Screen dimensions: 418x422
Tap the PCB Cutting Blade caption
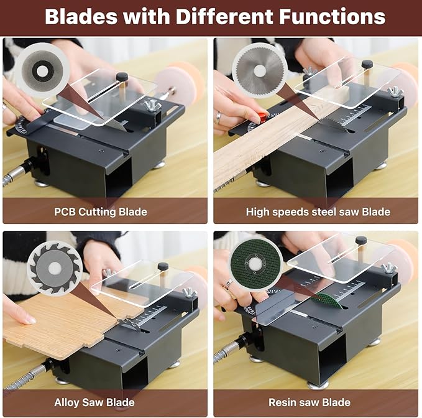tap(100, 211)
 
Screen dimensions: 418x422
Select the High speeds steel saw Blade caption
tap(318, 211)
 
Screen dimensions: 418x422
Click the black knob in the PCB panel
tap(122, 77)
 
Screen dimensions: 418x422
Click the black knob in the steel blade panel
tap(367, 64)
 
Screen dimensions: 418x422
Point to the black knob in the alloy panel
tap(163, 267)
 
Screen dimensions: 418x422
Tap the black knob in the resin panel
tap(360, 240)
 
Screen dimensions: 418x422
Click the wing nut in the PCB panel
tap(152, 106)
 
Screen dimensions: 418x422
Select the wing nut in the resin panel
tap(389, 268)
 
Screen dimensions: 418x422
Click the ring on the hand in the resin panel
tap(229, 284)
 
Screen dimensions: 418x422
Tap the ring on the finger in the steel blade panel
tap(219, 116)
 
